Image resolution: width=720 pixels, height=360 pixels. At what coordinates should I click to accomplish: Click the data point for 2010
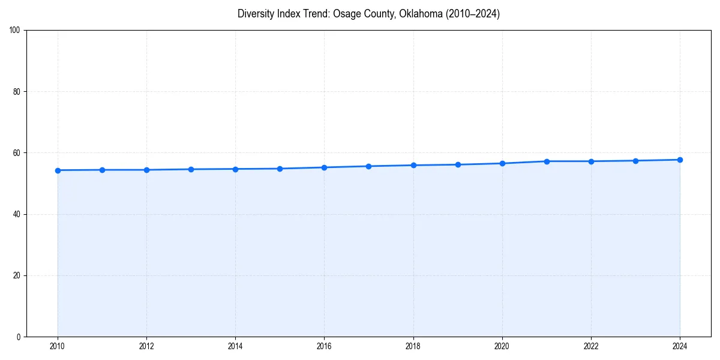pyautogui.click(x=58, y=170)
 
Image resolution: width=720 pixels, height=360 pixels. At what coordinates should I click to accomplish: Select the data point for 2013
pyautogui.click(x=191, y=169)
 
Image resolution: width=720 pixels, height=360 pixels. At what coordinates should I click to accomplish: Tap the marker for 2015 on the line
pyautogui.click(x=280, y=169)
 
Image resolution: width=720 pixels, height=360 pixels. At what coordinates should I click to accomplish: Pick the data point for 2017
pyautogui.click(x=368, y=166)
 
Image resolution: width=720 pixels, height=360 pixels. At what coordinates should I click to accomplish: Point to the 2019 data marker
pyautogui.click(x=458, y=164)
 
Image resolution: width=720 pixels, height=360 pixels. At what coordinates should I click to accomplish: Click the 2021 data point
pyautogui.click(x=547, y=161)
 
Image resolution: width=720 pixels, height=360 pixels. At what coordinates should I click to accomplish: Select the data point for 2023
pyautogui.click(x=635, y=161)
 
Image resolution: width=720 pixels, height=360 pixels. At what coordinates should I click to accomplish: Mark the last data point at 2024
pyautogui.click(x=680, y=160)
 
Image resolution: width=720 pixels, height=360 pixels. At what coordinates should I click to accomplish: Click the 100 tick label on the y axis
pyautogui.click(x=15, y=31)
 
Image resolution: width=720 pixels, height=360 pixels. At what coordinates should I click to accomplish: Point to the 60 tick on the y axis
pyautogui.click(x=17, y=153)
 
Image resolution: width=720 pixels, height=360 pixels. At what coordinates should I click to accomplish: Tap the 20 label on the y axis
pyautogui.click(x=17, y=275)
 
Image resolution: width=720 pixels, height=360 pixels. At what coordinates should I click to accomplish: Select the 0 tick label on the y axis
pyautogui.click(x=19, y=337)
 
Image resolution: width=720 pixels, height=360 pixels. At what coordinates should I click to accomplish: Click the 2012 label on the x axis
pyautogui.click(x=146, y=346)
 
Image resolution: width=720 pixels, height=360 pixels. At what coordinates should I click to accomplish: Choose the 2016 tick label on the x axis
pyautogui.click(x=324, y=346)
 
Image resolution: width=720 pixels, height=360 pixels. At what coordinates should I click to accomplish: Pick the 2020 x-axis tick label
pyautogui.click(x=502, y=346)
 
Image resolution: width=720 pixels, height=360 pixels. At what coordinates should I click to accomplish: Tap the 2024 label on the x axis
pyautogui.click(x=680, y=346)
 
